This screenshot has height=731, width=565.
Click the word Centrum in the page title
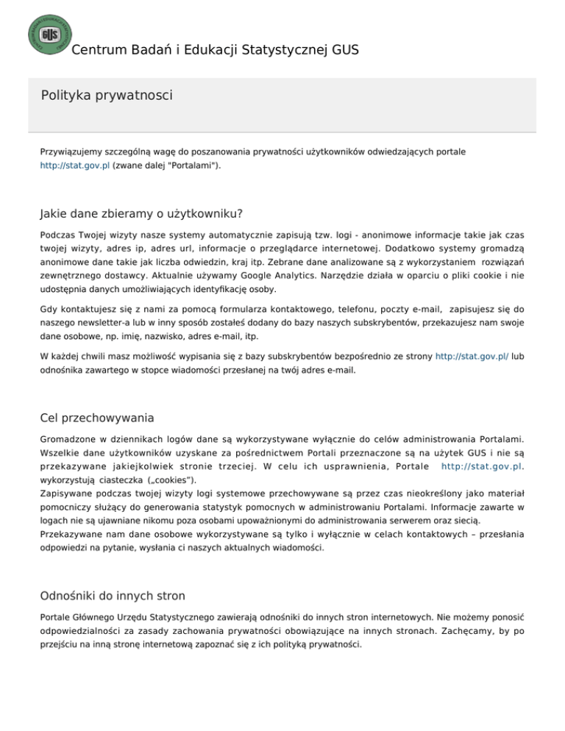(97, 50)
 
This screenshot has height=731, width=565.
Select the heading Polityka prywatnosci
(107, 95)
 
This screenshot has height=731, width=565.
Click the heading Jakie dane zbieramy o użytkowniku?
(141, 214)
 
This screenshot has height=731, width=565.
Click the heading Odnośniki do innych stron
(113, 596)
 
